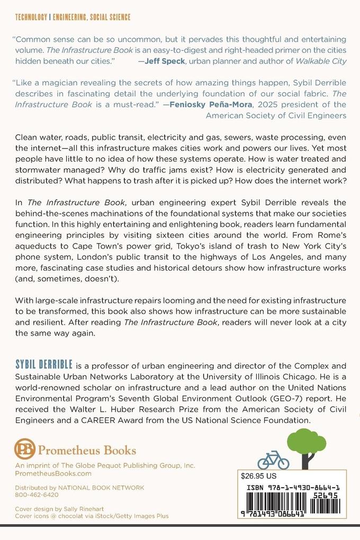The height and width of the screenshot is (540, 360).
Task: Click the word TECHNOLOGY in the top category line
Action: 30,17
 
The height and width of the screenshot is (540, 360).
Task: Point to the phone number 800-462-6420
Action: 37,494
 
